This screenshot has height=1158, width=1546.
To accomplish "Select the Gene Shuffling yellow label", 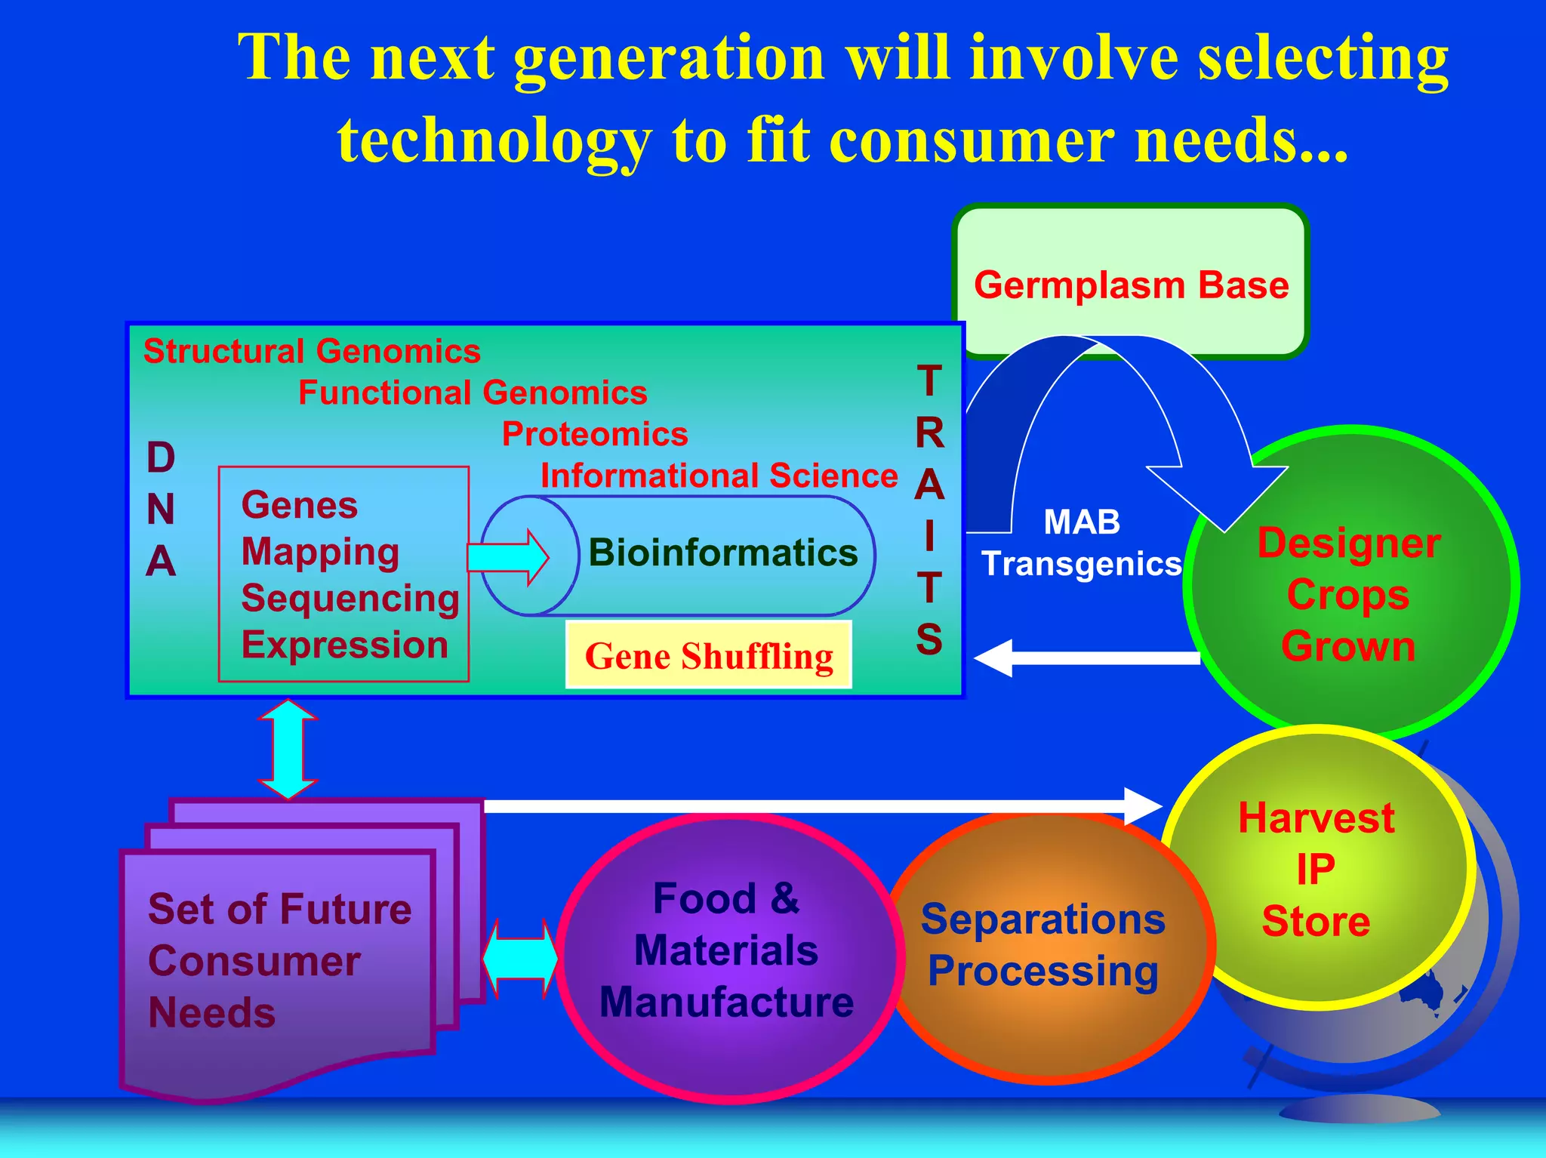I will pos(708,655).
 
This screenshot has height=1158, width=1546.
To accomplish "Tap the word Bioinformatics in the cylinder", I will pos(722,553).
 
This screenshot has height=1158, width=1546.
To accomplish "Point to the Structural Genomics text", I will pos(312,351).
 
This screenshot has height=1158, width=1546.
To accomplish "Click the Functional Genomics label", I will pos(473,393).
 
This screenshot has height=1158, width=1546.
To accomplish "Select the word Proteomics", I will pos(595,434).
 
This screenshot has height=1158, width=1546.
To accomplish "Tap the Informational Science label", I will pos(719,476).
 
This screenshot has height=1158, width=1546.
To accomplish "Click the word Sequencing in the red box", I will pos(350,598).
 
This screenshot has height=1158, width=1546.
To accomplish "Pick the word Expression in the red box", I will pos(344,645).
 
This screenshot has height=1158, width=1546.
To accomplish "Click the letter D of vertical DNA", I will pos(161,457).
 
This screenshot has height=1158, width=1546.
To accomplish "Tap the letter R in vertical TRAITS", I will pos(929,433).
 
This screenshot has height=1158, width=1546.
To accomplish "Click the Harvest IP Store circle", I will pos(1316,868).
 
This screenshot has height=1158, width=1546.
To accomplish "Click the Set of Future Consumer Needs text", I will pos(279,960).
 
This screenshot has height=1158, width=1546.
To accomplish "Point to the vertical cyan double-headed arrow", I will pos(288,749).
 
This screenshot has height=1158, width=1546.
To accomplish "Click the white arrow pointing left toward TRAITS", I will pos(1087,658).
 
